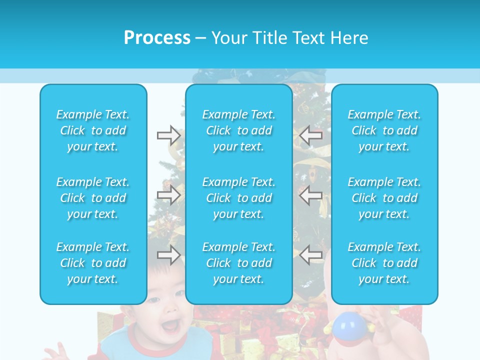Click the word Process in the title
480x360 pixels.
pos(157,38)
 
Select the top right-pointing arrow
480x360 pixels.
pos(169,135)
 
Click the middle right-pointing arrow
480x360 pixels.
pos(169,195)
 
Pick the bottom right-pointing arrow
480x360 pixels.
pos(169,255)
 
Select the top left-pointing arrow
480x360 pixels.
pos(310,135)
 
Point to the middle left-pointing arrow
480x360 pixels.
pos(310,195)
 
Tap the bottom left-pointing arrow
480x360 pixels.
pos(310,255)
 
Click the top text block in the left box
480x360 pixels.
pos(93,130)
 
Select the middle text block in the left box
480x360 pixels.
pos(93,198)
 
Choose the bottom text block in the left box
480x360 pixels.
pos(93,263)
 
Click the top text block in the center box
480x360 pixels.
pos(239,130)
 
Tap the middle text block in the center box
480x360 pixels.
pos(239,198)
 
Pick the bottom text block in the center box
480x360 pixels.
pos(239,263)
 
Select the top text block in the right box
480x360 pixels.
pos(384,130)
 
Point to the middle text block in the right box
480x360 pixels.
pos(384,198)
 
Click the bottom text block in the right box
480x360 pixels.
pos(384,263)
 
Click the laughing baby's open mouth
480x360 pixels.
pos(170,326)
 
